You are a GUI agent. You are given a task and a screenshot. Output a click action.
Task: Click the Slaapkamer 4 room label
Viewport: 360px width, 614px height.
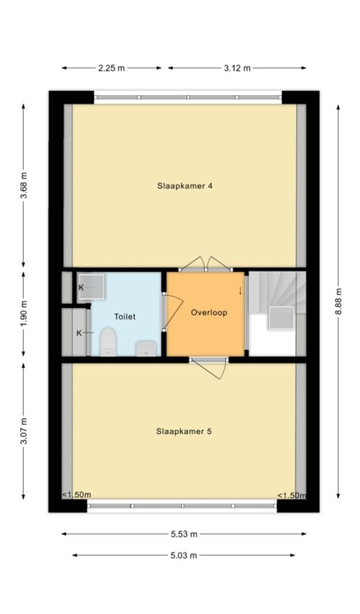tap(185, 186)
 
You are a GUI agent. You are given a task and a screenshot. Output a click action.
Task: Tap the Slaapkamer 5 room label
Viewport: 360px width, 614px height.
tap(184, 432)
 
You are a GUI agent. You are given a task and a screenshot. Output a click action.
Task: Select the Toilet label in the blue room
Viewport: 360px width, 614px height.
tap(125, 316)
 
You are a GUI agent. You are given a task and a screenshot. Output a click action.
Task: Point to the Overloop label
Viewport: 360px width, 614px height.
tap(209, 312)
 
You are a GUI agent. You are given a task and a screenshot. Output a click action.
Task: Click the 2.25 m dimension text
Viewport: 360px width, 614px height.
tap(112, 68)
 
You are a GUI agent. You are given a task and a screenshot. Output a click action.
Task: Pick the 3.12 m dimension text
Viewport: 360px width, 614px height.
tap(237, 68)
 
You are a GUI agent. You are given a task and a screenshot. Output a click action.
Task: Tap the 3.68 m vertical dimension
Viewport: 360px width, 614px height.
tap(24, 185)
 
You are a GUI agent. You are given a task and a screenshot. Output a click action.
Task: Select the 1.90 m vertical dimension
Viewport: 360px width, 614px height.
tap(24, 315)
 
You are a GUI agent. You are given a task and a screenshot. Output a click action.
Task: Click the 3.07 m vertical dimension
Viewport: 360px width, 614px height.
tap(24, 432)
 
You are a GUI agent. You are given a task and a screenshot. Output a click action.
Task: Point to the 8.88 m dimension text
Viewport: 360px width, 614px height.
tap(339, 302)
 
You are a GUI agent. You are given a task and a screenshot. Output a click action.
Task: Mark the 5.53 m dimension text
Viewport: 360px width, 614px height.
tap(184, 534)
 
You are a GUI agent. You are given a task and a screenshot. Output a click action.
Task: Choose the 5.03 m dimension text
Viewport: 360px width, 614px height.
tap(183, 555)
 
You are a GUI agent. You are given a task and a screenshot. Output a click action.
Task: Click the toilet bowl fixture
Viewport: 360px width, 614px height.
tap(108, 342)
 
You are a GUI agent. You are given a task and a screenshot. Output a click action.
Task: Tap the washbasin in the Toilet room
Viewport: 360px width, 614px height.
tap(146, 348)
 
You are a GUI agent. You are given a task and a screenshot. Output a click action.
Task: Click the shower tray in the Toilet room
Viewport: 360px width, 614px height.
tap(91, 287)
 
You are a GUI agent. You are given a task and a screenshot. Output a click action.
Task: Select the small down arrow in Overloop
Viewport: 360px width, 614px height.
tap(240, 291)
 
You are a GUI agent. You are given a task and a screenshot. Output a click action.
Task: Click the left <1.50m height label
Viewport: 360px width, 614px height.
tap(76, 494)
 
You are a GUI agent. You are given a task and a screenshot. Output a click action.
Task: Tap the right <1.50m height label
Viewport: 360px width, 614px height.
tap(292, 495)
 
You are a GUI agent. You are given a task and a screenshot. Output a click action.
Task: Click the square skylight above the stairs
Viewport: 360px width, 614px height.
tap(281, 318)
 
